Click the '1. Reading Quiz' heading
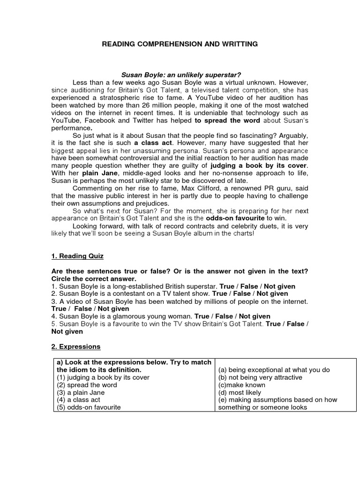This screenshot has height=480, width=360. [x=77, y=256]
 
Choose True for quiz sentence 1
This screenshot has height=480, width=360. [x=227, y=286]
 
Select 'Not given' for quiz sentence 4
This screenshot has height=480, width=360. [x=255, y=316]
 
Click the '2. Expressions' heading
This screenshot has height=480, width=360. [x=76, y=347]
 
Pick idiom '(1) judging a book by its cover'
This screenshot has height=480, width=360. [x=103, y=377]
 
